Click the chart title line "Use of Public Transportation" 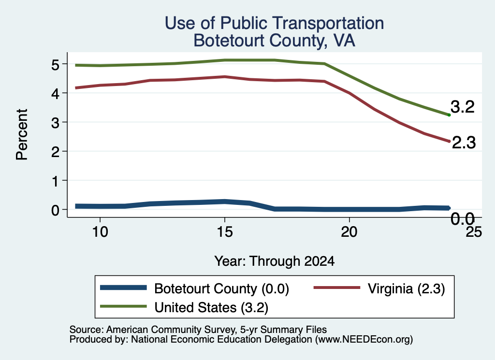pos(275,23)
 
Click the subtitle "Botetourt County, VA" pos(275,41)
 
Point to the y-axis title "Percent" pos(22,134)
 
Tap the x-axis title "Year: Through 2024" pos(275,261)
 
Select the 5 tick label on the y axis pos(55,65)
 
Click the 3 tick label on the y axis pos(55,123)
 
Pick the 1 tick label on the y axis pos(56,181)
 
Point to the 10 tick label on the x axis pos(100,232)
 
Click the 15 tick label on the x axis pos(225,232)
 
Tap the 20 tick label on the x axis pos(349,232)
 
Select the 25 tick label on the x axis pos(474,232)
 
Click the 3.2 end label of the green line pos(463,107)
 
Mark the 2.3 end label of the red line pos(464,142)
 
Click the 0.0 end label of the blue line pos(463,218)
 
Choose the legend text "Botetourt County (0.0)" pos(221,288)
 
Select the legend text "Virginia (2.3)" pos(406,288)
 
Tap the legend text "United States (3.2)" pos(211,307)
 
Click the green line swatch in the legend pos(123,306)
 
